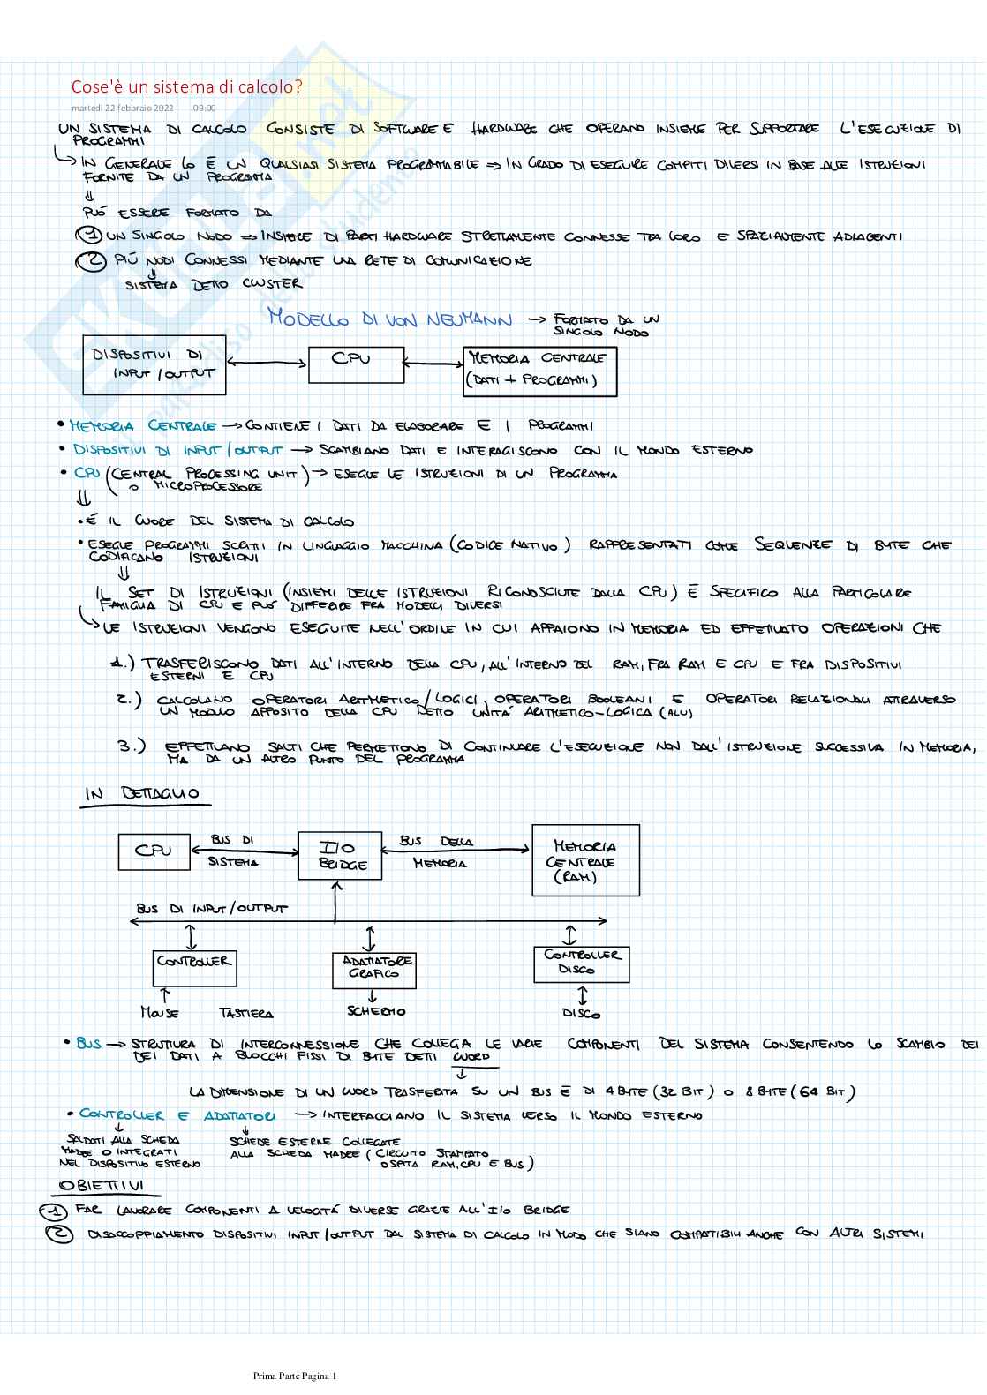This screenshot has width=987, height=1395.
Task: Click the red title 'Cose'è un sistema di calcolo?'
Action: click(186, 86)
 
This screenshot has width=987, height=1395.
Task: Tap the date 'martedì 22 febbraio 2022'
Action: click(123, 109)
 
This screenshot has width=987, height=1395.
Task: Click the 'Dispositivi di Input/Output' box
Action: click(154, 364)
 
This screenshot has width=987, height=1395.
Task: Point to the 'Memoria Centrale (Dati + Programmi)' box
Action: click(539, 371)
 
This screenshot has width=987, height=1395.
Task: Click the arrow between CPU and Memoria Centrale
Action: click(433, 363)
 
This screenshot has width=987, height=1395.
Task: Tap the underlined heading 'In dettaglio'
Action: click(141, 794)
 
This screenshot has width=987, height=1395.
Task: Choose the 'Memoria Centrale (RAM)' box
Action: click(585, 860)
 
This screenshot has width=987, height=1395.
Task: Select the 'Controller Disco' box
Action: click(581, 963)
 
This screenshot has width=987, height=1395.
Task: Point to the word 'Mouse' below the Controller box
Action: click(159, 1013)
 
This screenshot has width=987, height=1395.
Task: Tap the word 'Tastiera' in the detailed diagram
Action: click(246, 1014)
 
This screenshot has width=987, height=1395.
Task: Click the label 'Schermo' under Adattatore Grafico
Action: click(376, 1011)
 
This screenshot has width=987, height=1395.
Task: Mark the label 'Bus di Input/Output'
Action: click(212, 908)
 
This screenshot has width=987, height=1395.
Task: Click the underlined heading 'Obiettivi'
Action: click(101, 1185)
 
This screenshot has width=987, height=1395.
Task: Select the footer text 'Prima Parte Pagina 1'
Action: click(295, 1376)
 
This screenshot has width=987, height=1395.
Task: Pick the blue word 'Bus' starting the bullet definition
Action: click(88, 1043)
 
